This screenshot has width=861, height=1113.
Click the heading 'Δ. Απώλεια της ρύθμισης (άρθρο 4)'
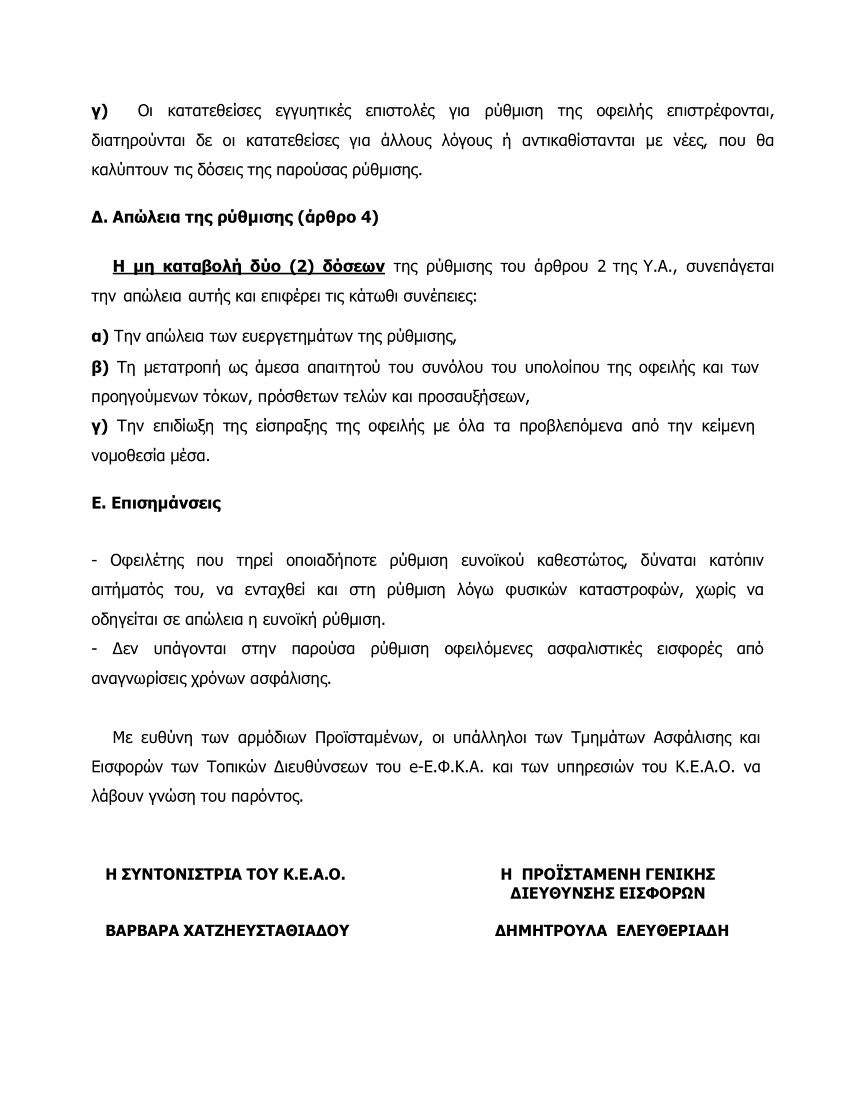point(235,218)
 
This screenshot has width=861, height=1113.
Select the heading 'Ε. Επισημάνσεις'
point(156,503)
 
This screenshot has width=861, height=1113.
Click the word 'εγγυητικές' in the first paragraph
point(313,111)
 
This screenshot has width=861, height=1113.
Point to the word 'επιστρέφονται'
point(720,111)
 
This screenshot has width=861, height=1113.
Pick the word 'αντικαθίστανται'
point(578,141)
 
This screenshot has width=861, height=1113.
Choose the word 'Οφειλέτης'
point(147,561)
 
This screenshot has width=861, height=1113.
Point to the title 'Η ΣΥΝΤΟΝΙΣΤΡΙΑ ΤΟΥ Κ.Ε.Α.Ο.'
point(226,874)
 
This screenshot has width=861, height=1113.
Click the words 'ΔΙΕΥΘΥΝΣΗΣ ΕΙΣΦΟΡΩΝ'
point(608,893)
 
